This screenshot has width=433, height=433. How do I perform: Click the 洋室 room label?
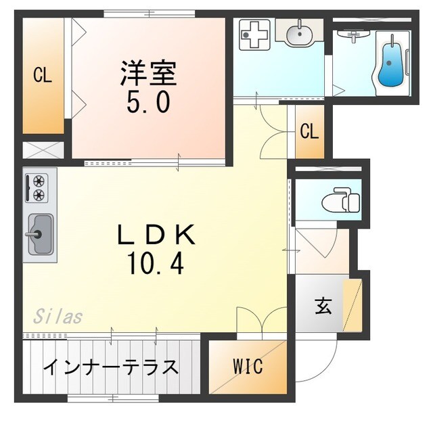[x=149, y=74]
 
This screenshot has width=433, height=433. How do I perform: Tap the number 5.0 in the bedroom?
[x=148, y=103]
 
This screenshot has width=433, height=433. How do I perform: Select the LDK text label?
[x=156, y=235]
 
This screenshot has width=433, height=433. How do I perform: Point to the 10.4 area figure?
[x=154, y=265]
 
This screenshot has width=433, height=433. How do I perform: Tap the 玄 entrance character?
[x=323, y=306]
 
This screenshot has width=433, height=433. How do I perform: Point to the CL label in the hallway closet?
[x=309, y=131]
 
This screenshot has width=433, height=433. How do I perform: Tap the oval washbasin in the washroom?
[x=298, y=32]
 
